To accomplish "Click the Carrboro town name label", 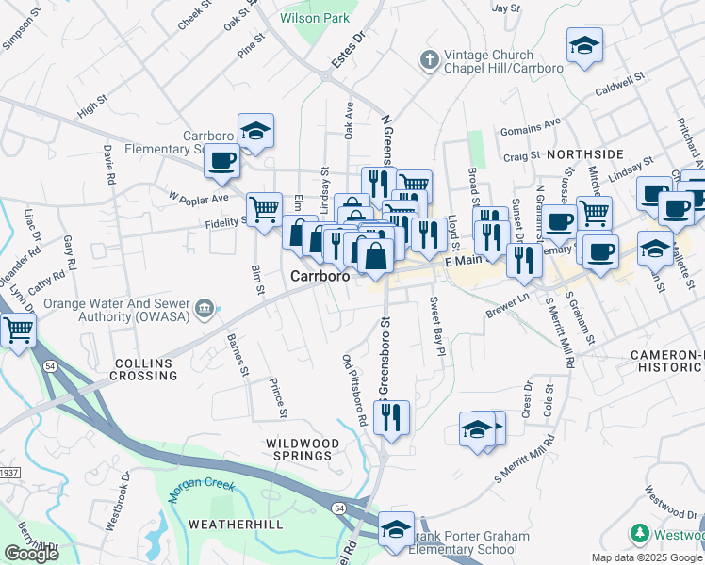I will tap(320, 277).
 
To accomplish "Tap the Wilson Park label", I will tap(315, 18).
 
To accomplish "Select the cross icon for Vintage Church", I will tap(429, 61).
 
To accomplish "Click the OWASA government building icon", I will tap(204, 309).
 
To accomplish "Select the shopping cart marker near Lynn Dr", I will tap(18, 331).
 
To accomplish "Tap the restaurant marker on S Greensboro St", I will tap(392, 416).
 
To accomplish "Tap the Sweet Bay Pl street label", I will tap(436, 327).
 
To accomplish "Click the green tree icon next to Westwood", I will tap(639, 534).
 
